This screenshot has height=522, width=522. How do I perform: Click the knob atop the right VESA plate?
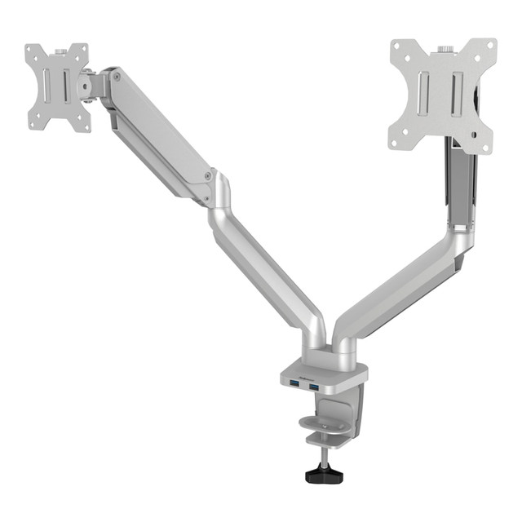445,49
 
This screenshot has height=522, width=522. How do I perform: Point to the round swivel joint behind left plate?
85,85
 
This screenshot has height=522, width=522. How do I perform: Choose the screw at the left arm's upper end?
117,77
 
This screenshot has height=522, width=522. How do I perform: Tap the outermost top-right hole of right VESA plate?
488,45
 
